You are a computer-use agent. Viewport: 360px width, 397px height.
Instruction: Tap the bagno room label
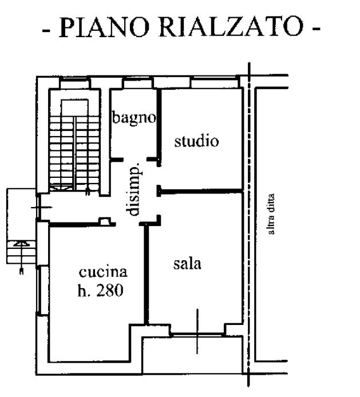[133, 118]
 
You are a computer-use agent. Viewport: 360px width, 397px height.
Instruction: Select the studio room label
[196, 141]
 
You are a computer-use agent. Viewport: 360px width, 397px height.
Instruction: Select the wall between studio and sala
[200, 190]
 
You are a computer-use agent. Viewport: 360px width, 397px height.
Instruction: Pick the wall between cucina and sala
[147, 275]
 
